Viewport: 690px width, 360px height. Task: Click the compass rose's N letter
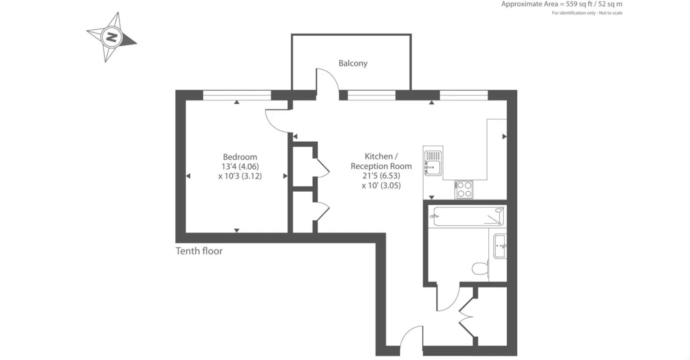click(111, 36)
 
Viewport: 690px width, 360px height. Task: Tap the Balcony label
click(353, 63)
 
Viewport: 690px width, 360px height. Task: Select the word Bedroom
click(240, 157)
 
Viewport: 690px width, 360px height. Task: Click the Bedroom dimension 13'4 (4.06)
click(240, 166)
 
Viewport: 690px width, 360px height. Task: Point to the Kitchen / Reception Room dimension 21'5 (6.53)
click(381, 176)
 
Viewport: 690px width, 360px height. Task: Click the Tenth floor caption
click(199, 251)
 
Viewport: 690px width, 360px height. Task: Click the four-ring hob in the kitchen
click(464, 189)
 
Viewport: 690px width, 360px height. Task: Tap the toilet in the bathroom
click(480, 268)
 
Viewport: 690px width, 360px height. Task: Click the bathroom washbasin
click(500, 246)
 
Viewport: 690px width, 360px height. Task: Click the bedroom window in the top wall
click(237, 95)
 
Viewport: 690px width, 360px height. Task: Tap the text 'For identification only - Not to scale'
click(587, 13)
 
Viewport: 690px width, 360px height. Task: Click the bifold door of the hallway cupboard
click(467, 316)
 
